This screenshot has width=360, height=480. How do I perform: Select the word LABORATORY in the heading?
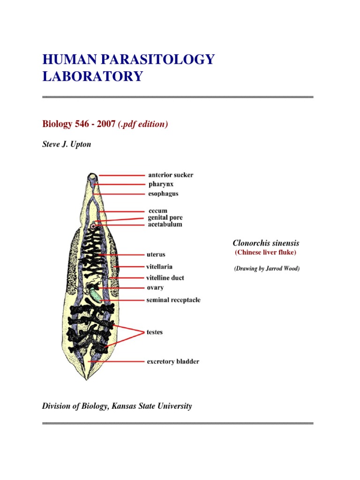92,76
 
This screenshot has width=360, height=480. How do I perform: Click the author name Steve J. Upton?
67,144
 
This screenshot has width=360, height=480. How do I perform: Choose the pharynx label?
161,184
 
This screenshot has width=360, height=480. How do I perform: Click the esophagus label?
163,194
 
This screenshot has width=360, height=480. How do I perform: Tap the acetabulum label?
165,225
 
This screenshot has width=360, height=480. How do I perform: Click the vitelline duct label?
165,277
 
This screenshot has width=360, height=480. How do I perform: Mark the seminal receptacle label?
173,300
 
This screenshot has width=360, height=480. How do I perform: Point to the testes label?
155,332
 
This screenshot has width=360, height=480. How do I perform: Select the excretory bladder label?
172,361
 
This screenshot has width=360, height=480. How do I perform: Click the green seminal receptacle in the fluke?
96,295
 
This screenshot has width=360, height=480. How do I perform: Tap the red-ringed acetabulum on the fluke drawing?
94,226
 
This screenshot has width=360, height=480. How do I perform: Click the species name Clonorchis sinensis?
266,243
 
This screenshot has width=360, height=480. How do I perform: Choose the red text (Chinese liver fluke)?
265,253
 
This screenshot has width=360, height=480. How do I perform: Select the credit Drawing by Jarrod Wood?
266,269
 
